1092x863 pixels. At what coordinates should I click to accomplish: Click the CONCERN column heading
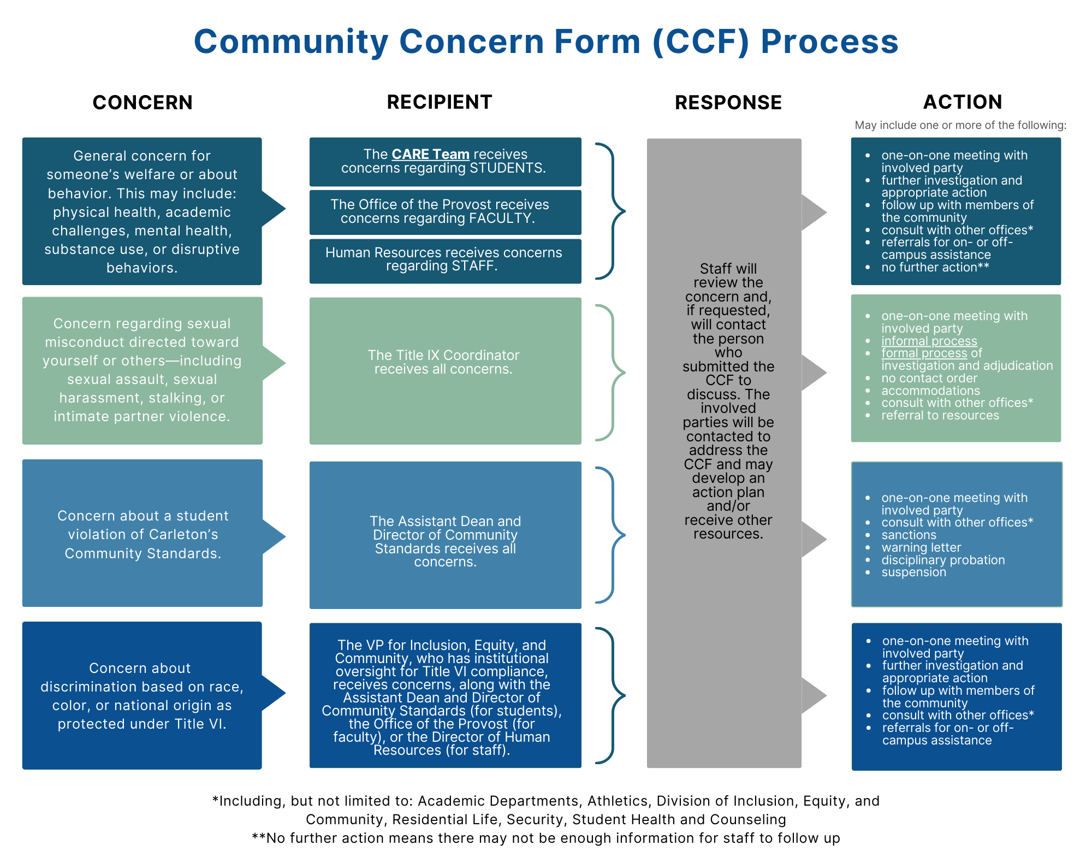tap(143, 103)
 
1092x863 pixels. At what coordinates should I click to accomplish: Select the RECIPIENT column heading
tap(440, 102)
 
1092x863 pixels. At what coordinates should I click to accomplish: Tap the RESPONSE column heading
tap(728, 103)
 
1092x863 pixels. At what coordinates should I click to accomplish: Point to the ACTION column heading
tap(962, 102)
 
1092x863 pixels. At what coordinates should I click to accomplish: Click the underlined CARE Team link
tap(430, 155)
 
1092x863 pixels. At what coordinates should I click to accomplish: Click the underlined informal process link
tap(929, 341)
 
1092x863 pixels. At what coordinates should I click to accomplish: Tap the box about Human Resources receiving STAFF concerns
tap(445, 260)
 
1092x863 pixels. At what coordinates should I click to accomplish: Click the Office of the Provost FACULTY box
tap(445, 212)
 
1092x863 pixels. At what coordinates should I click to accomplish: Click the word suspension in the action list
tap(913, 572)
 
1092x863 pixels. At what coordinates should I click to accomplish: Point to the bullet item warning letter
tap(921, 547)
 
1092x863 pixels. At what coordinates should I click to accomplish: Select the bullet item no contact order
tap(929, 378)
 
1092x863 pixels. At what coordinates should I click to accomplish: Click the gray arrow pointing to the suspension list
tap(813, 539)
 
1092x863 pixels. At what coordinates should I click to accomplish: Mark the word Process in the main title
tap(829, 42)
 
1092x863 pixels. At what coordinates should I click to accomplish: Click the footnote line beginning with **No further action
tap(546, 838)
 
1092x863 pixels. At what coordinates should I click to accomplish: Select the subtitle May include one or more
tap(960, 125)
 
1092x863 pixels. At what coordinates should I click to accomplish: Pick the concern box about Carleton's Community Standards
tap(143, 534)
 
